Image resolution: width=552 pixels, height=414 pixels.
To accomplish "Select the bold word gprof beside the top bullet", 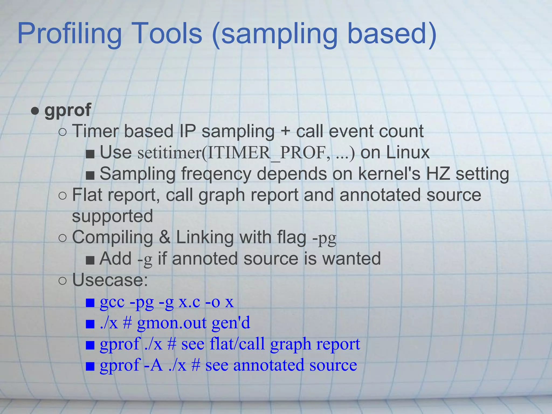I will coord(68,110).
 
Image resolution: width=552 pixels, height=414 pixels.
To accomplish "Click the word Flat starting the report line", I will coord(87,195).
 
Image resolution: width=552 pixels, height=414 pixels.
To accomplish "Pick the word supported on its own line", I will coord(112,216).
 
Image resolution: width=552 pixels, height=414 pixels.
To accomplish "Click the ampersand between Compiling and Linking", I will coord(164,237).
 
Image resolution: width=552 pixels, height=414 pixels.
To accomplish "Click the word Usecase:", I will coord(110,280).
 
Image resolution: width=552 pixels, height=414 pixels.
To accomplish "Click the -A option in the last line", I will coord(154,365).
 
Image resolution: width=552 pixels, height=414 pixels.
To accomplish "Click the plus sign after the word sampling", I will coord(285,132).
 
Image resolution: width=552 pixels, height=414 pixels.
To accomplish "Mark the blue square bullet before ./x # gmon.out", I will coord(90,324).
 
